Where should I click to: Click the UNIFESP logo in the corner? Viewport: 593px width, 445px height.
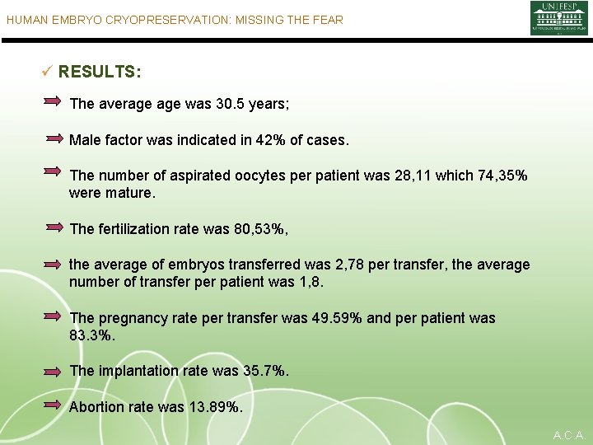pyautogui.click(x=558, y=18)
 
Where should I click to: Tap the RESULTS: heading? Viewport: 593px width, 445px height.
pyautogui.click(x=100, y=73)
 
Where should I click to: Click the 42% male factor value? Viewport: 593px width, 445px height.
pyautogui.click(x=270, y=141)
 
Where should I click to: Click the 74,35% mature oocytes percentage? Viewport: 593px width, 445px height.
pyautogui.click(x=499, y=176)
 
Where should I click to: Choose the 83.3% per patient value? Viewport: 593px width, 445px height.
pyautogui.click(x=92, y=336)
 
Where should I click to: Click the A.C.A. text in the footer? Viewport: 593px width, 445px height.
pyautogui.click(x=569, y=435)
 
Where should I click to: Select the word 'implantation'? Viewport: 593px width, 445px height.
pyautogui.click(x=138, y=372)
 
